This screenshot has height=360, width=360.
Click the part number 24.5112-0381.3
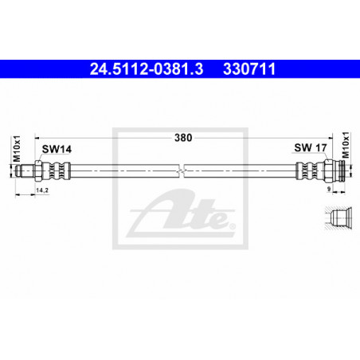[x=147, y=69]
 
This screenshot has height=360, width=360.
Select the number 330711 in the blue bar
[x=249, y=69]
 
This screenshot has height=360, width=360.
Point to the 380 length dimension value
[x=183, y=138]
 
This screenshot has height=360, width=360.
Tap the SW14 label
[x=57, y=149]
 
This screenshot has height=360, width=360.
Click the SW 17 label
[x=311, y=147]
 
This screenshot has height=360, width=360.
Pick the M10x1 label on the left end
[x=17, y=148]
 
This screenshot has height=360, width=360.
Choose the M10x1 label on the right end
[x=346, y=145]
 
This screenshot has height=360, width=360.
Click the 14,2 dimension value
[x=42, y=190]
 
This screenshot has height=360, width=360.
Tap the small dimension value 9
[x=329, y=189]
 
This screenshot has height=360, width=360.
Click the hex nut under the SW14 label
[x=37, y=170]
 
